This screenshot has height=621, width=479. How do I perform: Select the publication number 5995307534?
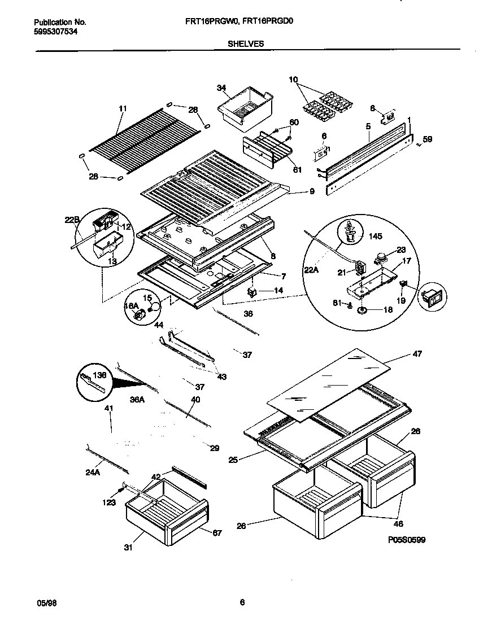click(x=56, y=32)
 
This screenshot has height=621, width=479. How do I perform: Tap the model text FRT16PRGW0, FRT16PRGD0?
click(x=238, y=22)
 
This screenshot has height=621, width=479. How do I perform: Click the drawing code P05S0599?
click(x=406, y=540)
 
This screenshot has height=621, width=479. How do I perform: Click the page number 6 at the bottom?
click(x=242, y=602)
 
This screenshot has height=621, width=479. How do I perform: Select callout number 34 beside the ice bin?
click(x=221, y=88)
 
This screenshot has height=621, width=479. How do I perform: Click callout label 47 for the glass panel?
click(x=417, y=354)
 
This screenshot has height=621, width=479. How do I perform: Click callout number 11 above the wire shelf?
click(x=123, y=108)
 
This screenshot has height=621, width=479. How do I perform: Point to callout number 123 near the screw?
click(x=109, y=502)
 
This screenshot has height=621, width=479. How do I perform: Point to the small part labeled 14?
click(x=251, y=291)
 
